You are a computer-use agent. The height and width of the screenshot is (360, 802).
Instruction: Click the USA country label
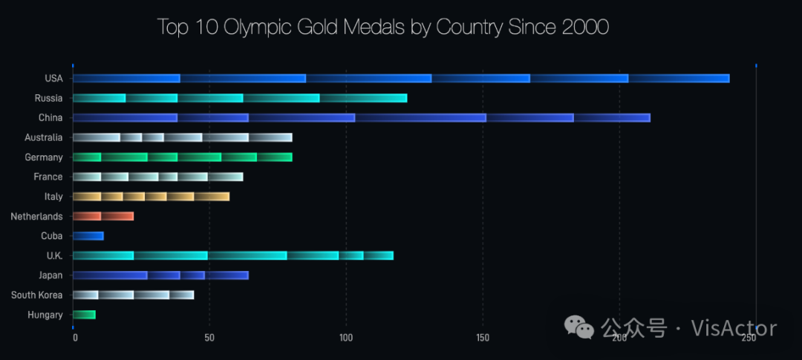54,79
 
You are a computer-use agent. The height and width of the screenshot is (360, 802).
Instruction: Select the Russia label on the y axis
49,98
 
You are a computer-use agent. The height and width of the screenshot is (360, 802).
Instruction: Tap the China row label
50,118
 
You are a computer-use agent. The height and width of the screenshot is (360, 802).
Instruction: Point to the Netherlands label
36,217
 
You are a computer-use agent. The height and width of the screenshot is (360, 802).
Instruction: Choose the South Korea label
37,295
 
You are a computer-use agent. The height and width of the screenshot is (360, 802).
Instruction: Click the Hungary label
45,315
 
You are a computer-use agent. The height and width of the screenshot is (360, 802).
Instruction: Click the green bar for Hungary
84,315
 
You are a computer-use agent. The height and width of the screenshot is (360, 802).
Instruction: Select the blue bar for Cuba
88,236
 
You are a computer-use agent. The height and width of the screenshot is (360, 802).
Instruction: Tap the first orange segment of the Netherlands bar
87,216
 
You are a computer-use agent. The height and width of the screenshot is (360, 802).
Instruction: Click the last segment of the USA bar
679,79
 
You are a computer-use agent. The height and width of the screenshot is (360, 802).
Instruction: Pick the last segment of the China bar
612,117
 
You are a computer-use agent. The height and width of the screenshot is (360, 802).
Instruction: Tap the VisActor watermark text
734,328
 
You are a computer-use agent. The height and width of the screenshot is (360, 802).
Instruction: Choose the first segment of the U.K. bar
103,255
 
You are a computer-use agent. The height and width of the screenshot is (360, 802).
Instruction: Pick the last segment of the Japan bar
226,275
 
